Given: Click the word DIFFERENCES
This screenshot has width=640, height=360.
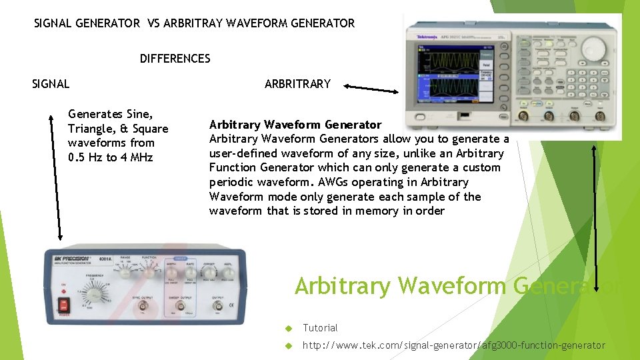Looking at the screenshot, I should [x=175, y=59].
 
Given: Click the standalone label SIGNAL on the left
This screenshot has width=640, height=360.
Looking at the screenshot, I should [x=51, y=84].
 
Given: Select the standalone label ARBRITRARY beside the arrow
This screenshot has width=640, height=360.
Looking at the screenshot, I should [x=297, y=84].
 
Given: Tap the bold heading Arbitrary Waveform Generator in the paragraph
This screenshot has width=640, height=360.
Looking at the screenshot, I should [x=295, y=125].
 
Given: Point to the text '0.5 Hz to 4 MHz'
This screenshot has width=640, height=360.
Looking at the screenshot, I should [x=110, y=157].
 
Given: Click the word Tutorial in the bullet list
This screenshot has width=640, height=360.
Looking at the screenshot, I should [x=320, y=328].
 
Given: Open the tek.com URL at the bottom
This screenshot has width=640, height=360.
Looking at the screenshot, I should [x=453, y=345].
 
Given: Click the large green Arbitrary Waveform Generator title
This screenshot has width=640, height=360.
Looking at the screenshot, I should [x=460, y=285].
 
